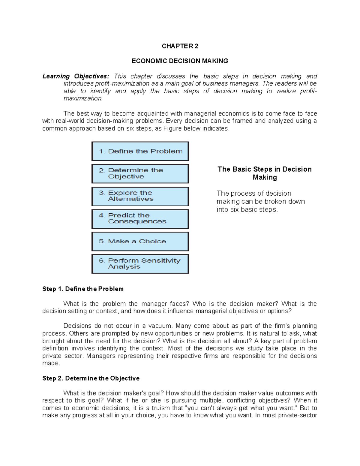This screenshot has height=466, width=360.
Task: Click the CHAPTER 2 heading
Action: coord(180,46)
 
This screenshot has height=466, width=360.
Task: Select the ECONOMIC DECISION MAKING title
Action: coord(180,61)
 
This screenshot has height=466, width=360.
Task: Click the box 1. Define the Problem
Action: coord(140,152)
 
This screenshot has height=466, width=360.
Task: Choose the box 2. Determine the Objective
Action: coord(140,174)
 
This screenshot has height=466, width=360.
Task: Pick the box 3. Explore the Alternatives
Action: coord(140,196)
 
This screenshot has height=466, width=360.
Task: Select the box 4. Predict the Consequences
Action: coord(140,219)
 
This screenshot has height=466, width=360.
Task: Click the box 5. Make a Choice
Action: coord(140,242)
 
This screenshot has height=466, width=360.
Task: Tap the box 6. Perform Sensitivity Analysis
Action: coord(140,264)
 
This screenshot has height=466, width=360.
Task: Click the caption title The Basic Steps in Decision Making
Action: coord(264,173)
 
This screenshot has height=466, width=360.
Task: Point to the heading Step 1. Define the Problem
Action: coord(83,289)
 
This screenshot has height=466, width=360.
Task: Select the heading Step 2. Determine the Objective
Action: coord(91,378)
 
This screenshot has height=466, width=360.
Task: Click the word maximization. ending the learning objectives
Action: coord(83,98)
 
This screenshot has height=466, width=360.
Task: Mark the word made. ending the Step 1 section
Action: coord(51,363)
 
